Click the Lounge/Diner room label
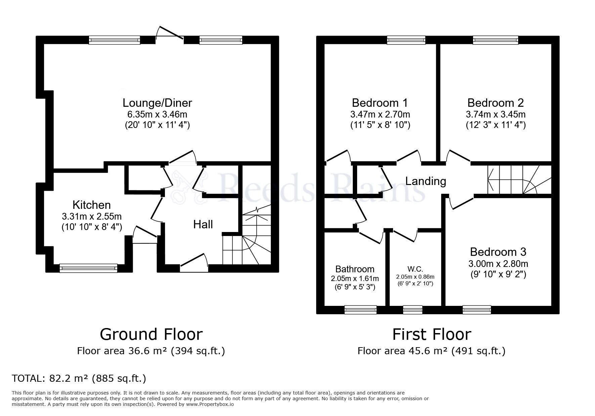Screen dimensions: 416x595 (x=157, y=102)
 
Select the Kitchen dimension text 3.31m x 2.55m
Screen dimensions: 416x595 (x=91, y=216)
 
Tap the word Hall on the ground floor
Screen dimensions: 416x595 (x=203, y=224)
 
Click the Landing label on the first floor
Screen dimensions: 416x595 (x=426, y=181)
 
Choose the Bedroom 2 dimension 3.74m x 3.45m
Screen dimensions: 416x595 (x=496, y=114)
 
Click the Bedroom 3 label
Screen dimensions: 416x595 (x=498, y=252)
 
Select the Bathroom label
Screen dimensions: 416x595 (x=355, y=269)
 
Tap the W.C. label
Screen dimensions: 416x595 (x=415, y=269)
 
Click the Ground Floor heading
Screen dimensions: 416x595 (x=151, y=334)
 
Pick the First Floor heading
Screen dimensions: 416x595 (x=432, y=334)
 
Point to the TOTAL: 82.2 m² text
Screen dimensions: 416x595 (x=79, y=379)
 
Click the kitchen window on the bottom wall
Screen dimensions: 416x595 (x=88, y=268)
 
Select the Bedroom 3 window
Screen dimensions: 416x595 (x=477, y=309)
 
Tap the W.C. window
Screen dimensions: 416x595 (x=413, y=309)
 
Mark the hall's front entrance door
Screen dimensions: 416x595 (x=194, y=264)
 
